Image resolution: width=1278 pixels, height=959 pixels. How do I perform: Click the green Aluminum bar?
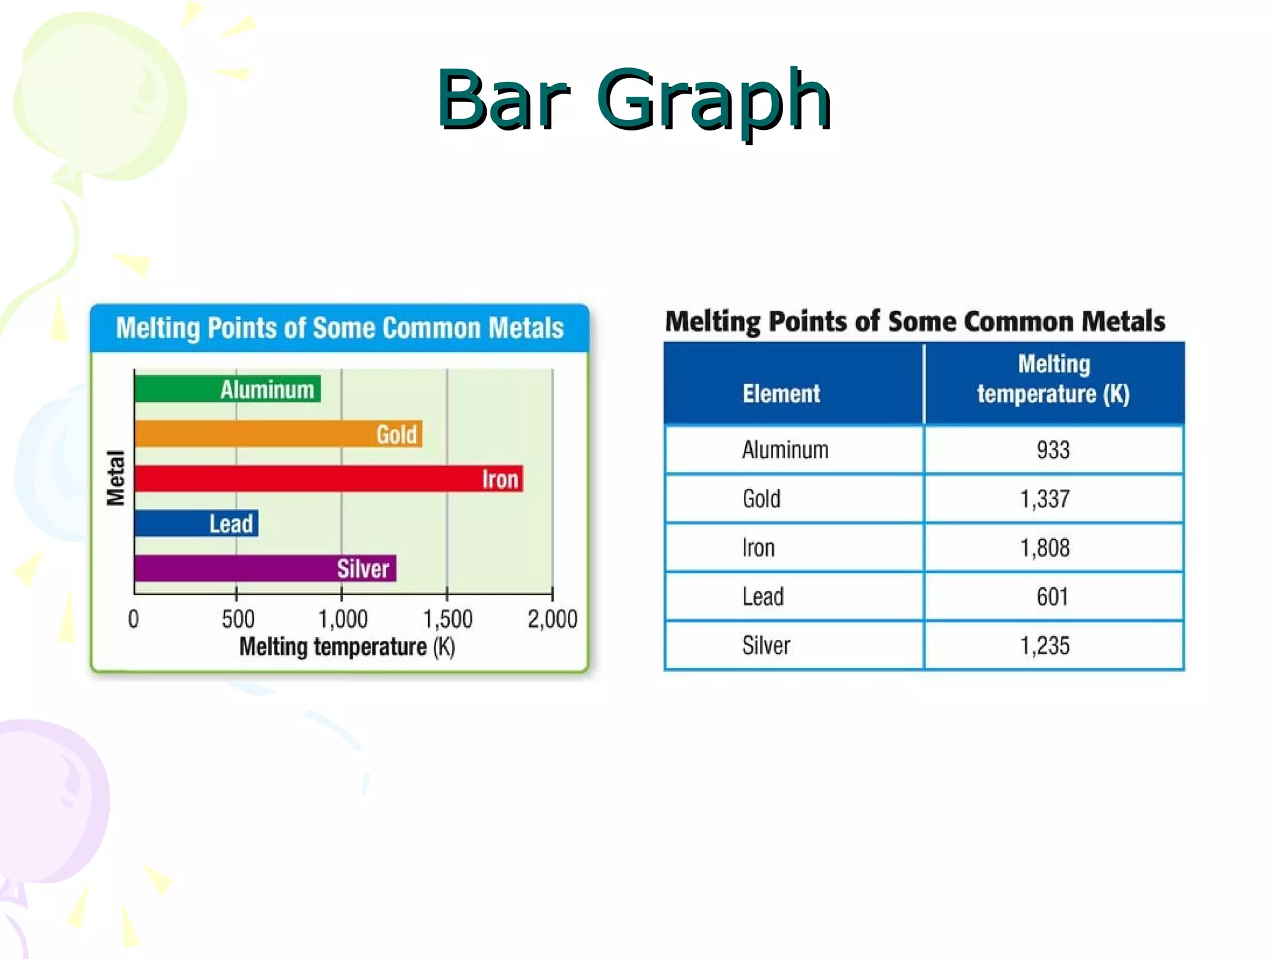tap(228, 389)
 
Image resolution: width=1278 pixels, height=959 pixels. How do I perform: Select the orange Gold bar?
tap(278, 434)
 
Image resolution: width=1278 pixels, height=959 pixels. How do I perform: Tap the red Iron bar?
tap(329, 479)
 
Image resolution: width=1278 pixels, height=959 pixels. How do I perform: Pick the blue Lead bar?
tap(197, 523)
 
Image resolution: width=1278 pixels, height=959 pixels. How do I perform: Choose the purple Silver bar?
tap(265, 568)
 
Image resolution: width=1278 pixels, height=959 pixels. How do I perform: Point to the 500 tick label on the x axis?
tap(238, 619)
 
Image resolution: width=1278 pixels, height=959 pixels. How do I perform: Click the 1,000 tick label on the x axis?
tap(343, 619)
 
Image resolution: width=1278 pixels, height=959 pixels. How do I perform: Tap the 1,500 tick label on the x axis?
tap(447, 619)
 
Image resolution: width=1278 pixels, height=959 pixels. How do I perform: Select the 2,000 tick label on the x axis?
tap(552, 619)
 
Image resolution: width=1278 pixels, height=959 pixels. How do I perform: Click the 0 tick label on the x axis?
tap(134, 619)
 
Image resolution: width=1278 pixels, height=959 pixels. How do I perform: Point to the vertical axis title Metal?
tap(116, 478)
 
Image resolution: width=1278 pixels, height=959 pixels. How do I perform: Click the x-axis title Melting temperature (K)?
tap(347, 647)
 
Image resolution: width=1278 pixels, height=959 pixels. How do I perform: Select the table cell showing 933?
tap(1053, 450)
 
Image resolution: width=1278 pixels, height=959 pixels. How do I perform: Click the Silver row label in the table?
tap(766, 645)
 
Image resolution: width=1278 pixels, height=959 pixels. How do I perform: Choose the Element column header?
tap(781, 393)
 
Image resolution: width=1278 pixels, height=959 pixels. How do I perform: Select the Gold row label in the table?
tap(761, 499)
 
